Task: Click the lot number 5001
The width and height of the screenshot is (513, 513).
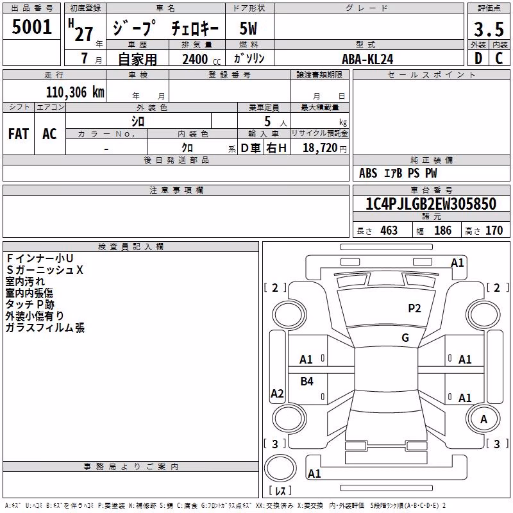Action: click(x=31, y=27)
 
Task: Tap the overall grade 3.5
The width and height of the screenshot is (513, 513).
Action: click(x=489, y=29)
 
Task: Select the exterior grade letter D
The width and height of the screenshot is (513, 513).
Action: click(x=478, y=58)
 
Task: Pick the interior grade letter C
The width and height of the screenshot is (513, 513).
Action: click(x=499, y=58)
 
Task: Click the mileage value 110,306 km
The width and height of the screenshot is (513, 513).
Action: click(x=75, y=92)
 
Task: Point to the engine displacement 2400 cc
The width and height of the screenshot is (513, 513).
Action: click(x=201, y=59)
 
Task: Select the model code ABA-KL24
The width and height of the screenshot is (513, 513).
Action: click(x=367, y=59)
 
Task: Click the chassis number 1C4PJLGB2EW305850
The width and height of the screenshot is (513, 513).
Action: click(x=431, y=204)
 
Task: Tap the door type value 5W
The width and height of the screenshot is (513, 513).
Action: click(x=248, y=28)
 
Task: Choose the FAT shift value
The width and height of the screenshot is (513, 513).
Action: click(x=19, y=134)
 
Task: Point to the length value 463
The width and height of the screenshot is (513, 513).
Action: click(x=389, y=231)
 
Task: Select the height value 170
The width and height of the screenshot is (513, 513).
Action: click(x=494, y=231)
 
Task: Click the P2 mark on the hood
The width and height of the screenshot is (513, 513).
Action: click(x=414, y=308)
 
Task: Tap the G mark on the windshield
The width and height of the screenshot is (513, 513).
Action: click(x=405, y=338)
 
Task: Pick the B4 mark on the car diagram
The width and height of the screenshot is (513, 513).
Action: click(x=307, y=381)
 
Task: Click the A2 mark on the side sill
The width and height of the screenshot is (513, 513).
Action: click(x=277, y=394)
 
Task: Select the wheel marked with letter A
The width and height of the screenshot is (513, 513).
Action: click(x=483, y=419)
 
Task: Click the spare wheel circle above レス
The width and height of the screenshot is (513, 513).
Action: click(x=280, y=468)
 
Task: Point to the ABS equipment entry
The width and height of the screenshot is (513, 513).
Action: click(x=368, y=173)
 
